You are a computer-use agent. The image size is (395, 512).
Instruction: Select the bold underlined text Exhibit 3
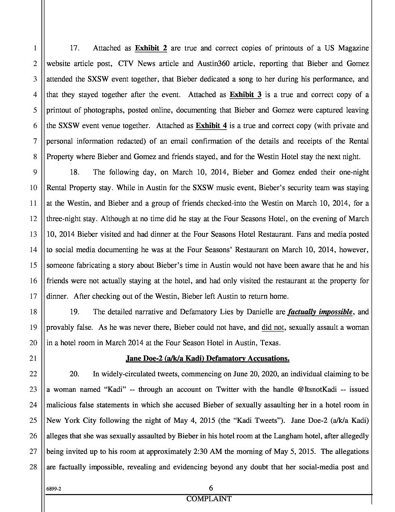pyautogui.click(x=245, y=95)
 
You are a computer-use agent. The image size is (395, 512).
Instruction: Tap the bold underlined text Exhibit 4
pyautogui.click(x=211, y=126)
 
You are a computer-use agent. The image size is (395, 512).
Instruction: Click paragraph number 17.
pyautogui.click(x=75, y=48)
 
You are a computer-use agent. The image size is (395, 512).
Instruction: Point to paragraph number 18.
pyautogui.click(x=75, y=172)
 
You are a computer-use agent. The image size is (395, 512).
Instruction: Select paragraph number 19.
pyautogui.click(x=75, y=312)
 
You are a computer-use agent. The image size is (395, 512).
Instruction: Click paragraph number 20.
pyautogui.click(x=75, y=374)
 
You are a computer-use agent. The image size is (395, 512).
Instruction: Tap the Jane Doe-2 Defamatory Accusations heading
pyautogui.click(x=208, y=358)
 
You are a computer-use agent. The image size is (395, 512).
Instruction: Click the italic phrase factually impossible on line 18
pyautogui.click(x=320, y=312)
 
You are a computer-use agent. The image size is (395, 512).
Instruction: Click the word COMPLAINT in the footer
pyautogui.click(x=209, y=499)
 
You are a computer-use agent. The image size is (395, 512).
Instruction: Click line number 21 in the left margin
pyautogui.click(x=34, y=358)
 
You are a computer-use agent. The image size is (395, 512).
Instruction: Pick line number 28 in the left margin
pyautogui.click(x=34, y=467)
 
